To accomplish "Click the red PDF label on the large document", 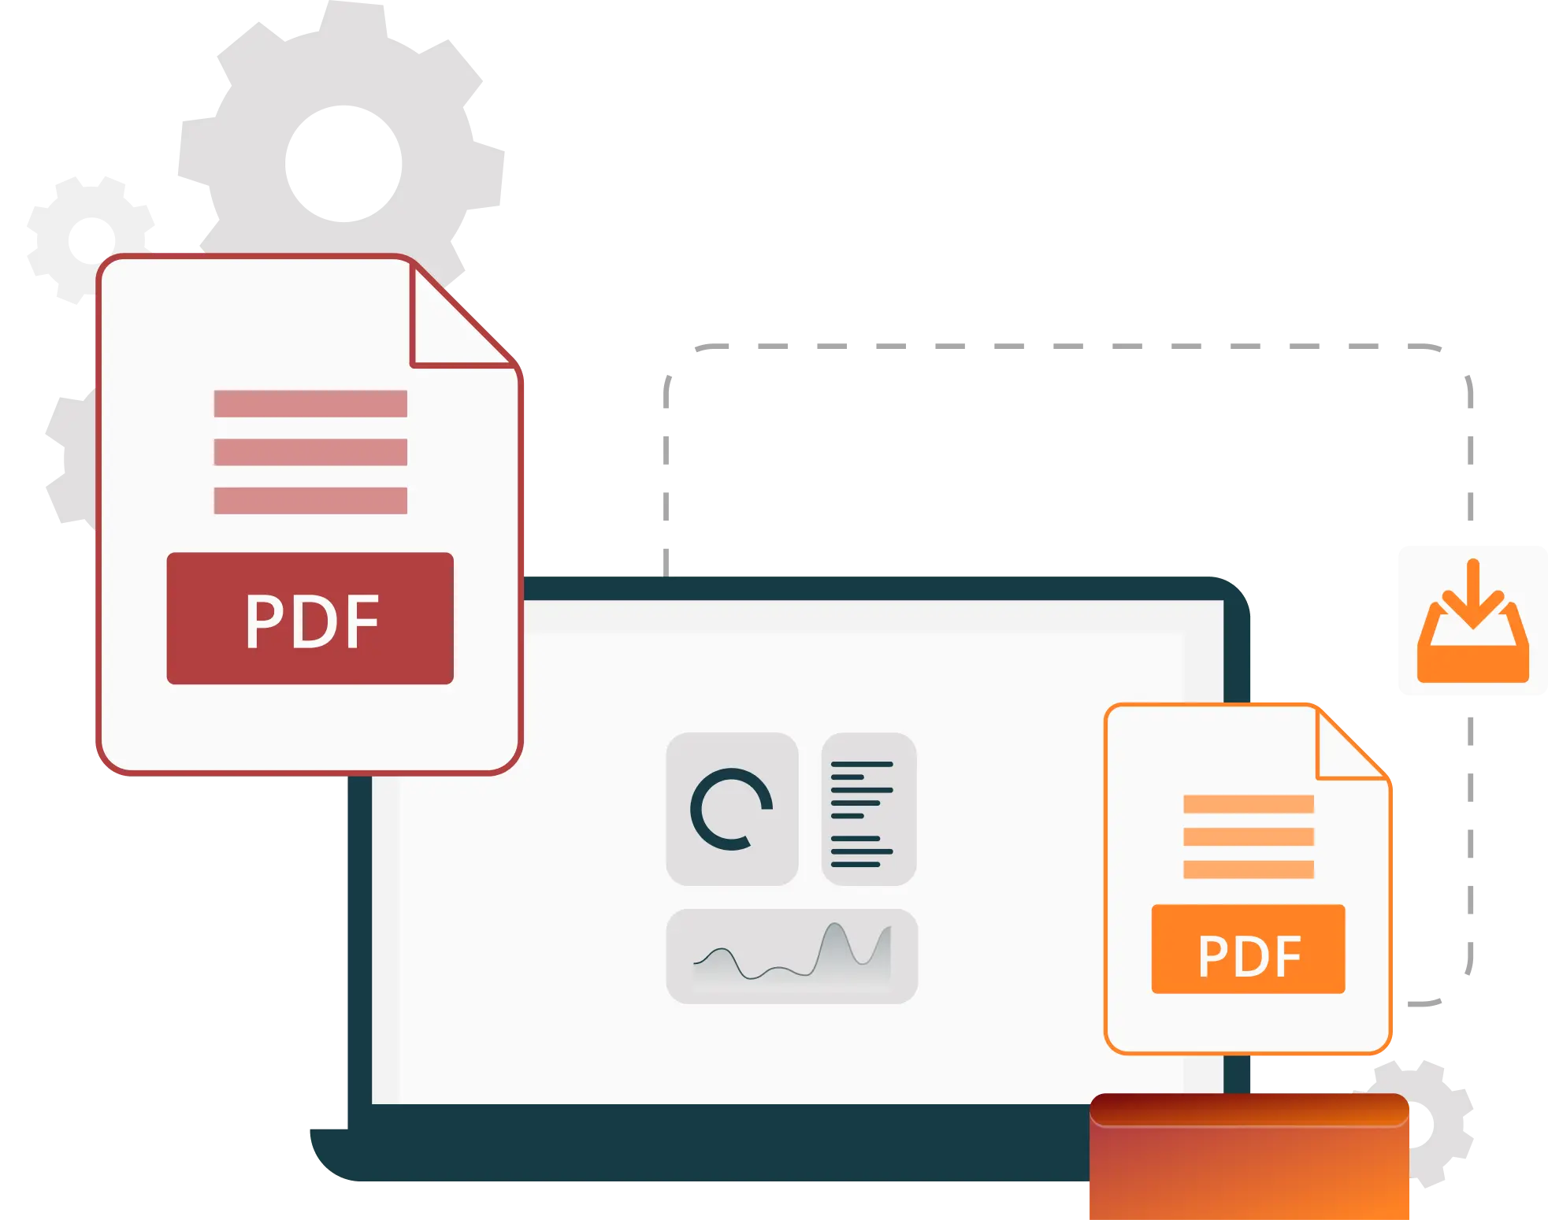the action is point(310,618).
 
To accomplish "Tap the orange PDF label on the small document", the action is point(1248,949).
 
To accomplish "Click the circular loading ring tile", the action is point(732,809).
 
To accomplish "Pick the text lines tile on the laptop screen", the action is point(869,809).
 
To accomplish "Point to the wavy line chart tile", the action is point(792,956).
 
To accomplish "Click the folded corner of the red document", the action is point(461,315).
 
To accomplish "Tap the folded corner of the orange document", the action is point(1350,744).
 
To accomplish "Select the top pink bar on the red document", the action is point(310,404).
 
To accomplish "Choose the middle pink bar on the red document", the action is point(310,452).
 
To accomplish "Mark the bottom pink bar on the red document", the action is point(310,501).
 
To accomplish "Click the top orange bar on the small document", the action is point(1249,804).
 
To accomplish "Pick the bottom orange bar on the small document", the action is point(1249,870).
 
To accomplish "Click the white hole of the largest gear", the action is point(343,164).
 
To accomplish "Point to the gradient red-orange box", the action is point(1249,1156).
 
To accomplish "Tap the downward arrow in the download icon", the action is point(1473,594).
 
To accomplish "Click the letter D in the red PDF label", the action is point(313,621).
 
